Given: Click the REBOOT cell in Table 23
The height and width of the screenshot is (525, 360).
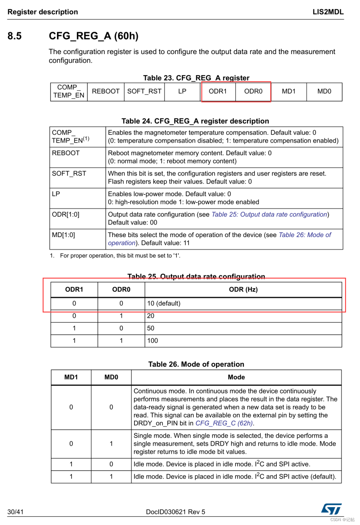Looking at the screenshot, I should (x=106, y=91).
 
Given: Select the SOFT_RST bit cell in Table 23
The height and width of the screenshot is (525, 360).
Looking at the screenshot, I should (x=144, y=91).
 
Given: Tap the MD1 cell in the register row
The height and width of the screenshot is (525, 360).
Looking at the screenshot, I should (x=288, y=91).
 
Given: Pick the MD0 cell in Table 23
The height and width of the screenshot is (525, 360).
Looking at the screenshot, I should (x=324, y=91).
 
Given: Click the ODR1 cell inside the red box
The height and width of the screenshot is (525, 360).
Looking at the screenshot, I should (x=218, y=91).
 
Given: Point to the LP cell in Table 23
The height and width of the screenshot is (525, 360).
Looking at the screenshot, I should (x=182, y=91).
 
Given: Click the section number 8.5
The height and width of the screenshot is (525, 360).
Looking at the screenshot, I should (x=15, y=36).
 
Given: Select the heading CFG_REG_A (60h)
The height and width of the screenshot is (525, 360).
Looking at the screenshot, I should (x=94, y=36).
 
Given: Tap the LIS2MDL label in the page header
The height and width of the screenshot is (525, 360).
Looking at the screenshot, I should (x=328, y=12).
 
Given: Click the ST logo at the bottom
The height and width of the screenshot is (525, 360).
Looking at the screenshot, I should (x=331, y=509).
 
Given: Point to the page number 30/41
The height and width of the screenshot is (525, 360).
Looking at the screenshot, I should (x=15, y=512).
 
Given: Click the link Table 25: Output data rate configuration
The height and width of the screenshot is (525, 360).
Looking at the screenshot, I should (x=269, y=214).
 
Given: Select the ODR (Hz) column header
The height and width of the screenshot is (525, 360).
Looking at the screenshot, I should (x=243, y=289).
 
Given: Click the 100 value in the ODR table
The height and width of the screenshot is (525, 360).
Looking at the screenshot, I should (x=153, y=341).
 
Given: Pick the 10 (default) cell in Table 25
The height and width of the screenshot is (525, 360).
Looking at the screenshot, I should (x=164, y=303).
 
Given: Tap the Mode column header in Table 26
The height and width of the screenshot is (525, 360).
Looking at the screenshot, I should (x=236, y=377).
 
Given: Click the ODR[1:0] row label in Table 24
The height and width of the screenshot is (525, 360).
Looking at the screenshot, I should (x=66, y=214).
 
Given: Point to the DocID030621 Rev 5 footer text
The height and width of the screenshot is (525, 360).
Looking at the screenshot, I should (x=175, y=512).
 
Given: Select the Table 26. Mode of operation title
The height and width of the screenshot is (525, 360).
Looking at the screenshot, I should (x=196, y=364).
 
